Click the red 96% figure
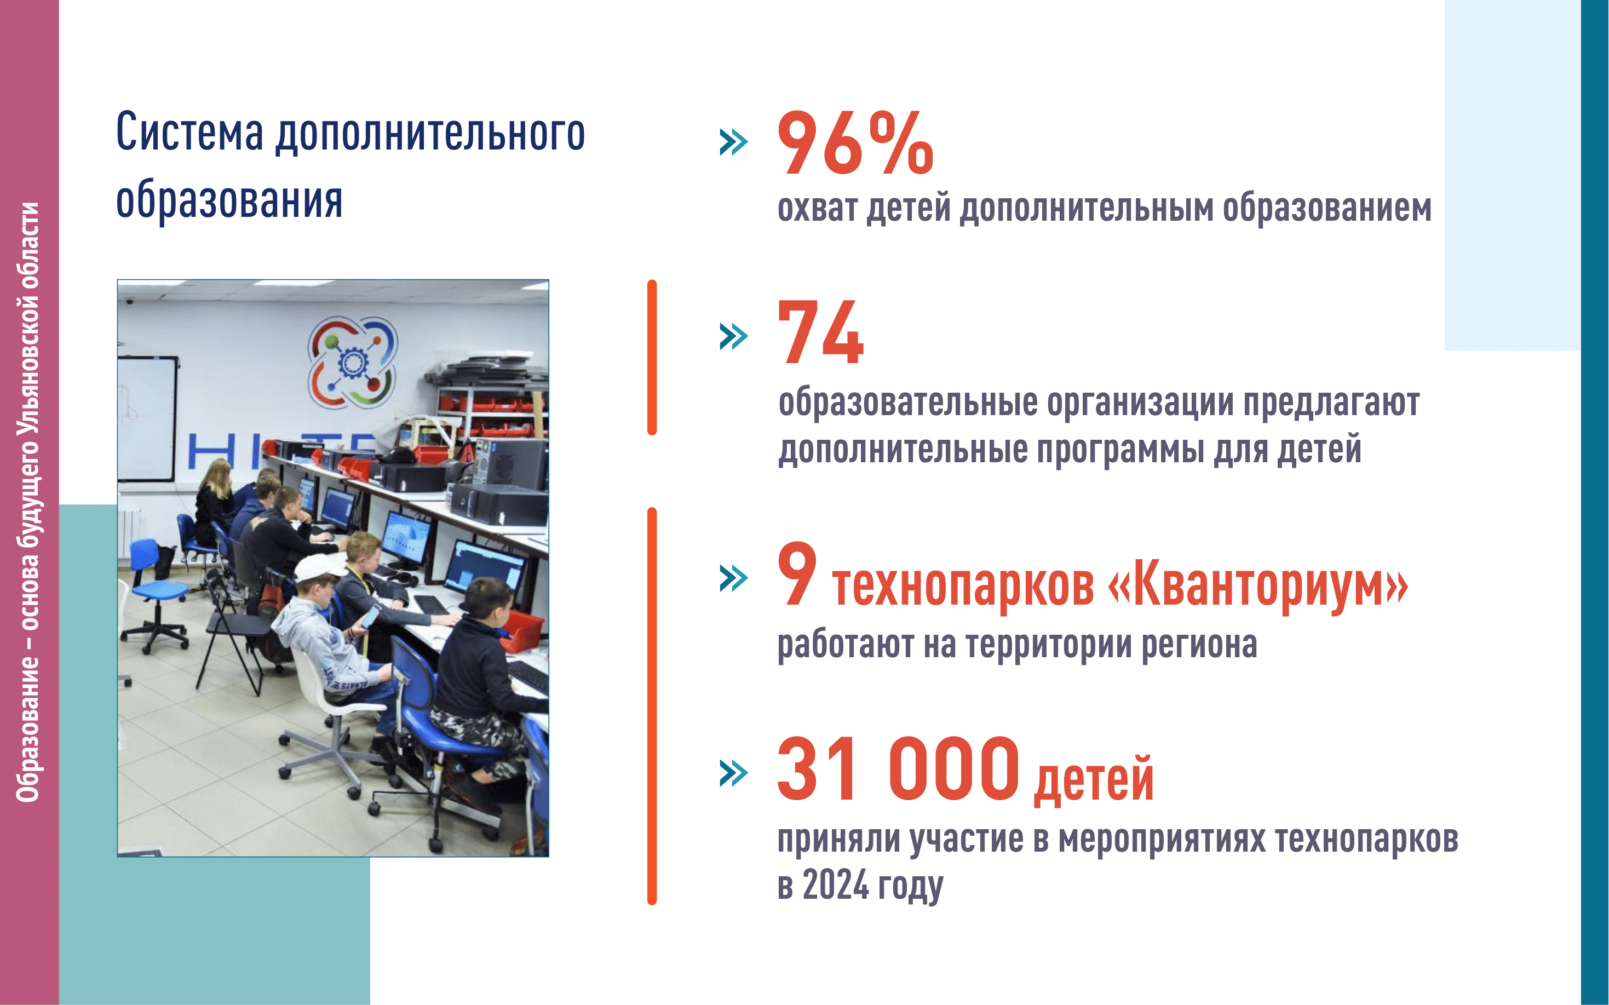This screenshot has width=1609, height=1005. click(855, 142)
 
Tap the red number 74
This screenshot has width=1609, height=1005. click(821, 332)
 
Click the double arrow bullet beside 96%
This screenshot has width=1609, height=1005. click(734, 142)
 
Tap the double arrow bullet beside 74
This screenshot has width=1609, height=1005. click(734, 336)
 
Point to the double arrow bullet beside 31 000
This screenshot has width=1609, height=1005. click(734, 773)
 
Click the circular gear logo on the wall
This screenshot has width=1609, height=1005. click(352, 362)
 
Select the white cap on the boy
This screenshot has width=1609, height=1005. click(320, 569)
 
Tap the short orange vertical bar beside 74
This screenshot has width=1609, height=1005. click(652, 358)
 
